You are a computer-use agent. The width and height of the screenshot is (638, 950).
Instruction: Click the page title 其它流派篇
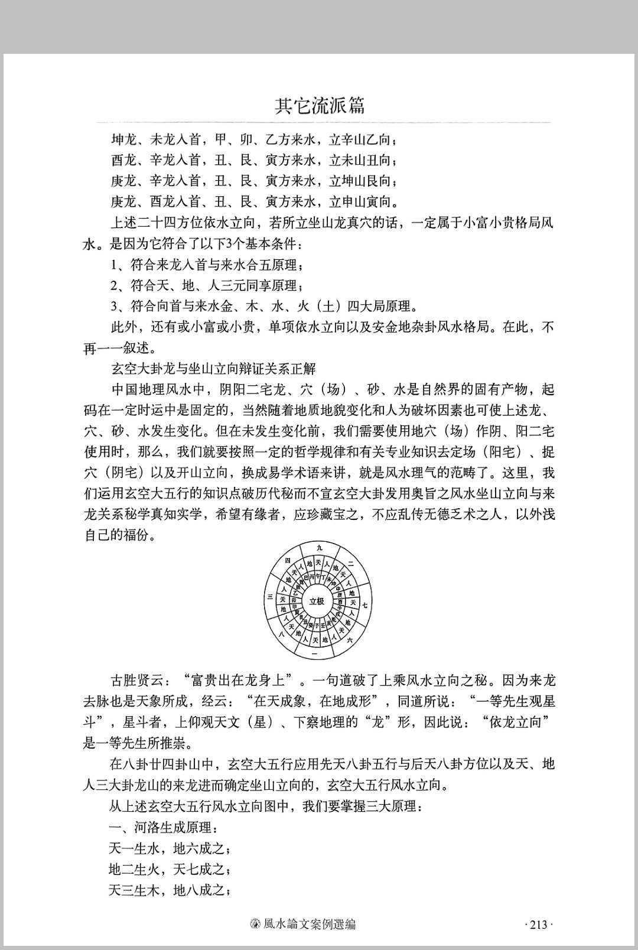tap(320, 106)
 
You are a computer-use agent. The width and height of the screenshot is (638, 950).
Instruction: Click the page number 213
tap(539, 925)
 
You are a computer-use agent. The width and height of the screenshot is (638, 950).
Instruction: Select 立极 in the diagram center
tap(317, 601)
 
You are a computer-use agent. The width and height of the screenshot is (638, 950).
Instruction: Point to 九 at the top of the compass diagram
tap(319, 548)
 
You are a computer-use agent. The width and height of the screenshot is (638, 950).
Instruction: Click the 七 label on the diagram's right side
tap(365, 606)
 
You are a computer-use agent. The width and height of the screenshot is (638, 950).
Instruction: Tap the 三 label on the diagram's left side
tap(270, 597)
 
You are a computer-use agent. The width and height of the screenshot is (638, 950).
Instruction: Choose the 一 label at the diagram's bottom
tap(314, 655)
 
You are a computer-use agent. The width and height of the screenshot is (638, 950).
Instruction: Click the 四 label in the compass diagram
tap(288, 559)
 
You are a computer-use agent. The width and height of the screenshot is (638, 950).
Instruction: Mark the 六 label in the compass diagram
tap(350, 640)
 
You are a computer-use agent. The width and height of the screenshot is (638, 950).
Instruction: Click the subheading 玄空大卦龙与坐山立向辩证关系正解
tap(213, 369)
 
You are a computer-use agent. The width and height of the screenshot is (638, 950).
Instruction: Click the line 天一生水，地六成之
tap(169, 849)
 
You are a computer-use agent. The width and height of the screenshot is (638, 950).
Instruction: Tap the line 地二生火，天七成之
tap(169, 869)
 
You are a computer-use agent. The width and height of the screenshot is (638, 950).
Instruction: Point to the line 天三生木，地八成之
tap(169, 890)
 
